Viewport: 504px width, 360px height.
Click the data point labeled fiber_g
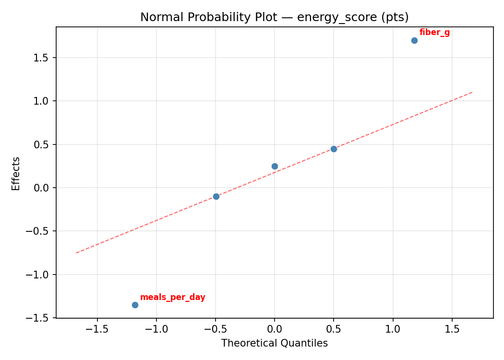point(414,40)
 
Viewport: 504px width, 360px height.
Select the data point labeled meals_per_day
point(135,305)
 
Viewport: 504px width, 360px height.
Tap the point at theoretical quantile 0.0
point(275,166)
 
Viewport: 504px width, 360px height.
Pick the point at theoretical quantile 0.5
point(334,149)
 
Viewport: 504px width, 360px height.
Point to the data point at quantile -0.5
point(216,196)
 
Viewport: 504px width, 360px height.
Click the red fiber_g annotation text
point(434,33)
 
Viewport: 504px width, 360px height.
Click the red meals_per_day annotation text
point(172,298)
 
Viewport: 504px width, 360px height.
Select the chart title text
point(274,17)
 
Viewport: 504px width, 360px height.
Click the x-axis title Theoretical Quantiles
point(274,343)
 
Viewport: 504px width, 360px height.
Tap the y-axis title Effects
point(16,173)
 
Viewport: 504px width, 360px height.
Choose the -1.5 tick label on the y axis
point(40,318)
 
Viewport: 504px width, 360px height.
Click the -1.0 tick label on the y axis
point(40,275)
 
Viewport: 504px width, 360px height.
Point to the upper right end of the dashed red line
point(473,92)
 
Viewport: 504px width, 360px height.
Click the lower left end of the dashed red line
point(76,252)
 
